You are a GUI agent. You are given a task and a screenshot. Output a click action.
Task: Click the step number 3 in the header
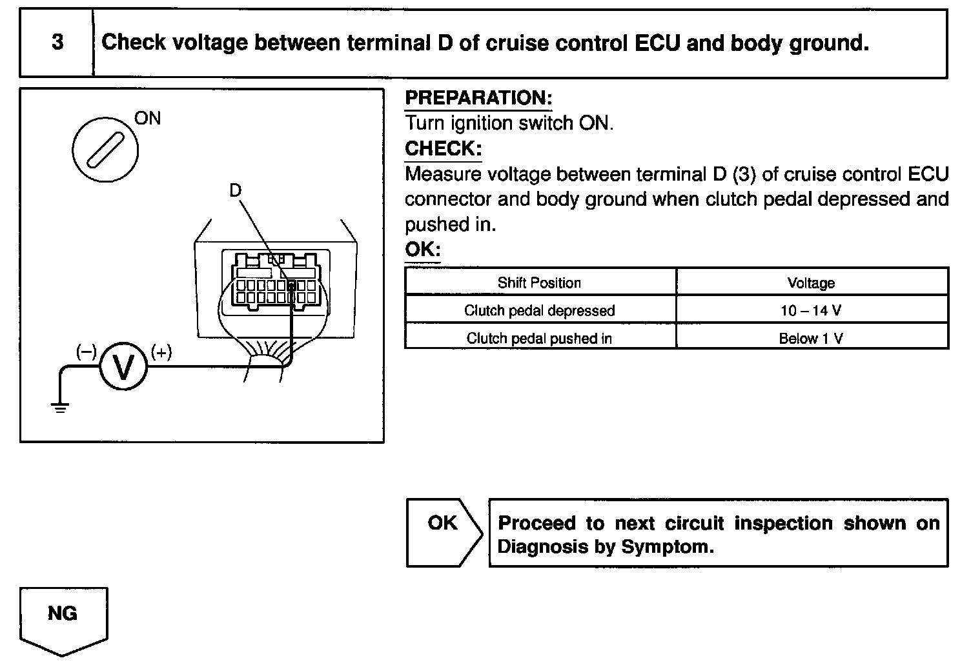click(57, 43)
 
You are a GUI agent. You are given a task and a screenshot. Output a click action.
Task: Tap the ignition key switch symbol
click(105, 149)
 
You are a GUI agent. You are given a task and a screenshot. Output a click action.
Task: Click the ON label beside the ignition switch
click(148, 118)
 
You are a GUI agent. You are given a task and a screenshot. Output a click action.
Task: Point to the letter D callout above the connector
click(235, 190)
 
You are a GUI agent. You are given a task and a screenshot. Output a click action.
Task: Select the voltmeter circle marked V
click(123, 366)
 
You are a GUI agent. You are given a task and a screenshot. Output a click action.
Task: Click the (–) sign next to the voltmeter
click(86, 352)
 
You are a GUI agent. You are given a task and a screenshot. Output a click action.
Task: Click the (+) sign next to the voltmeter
click(161, 352)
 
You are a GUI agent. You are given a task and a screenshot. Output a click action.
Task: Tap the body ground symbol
click(60, 407)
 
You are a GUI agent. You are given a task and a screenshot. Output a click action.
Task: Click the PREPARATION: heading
click(478, 98)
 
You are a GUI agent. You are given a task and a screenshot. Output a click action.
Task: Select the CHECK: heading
click(443, 148)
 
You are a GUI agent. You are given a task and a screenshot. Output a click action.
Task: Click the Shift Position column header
click(539, 283)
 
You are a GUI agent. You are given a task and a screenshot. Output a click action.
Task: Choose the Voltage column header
click(811, 283)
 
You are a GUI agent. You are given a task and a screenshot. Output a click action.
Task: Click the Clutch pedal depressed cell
click(539, 310)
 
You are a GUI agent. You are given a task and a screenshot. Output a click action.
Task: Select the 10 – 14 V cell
click(811, 310)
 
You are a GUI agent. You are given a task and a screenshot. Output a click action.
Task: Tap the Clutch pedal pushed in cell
click(539, 338)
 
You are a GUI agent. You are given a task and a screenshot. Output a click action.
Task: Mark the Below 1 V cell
click(811, 338)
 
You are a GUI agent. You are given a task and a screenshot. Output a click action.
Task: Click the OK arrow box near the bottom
click(443, 532)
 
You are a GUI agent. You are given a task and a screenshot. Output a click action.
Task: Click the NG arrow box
click(63, 618)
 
